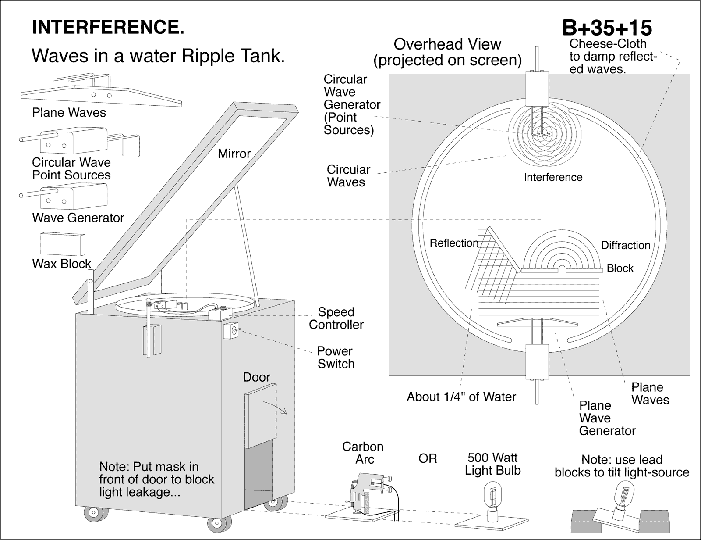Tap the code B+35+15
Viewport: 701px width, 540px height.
(607, 28)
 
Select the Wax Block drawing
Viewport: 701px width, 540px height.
(61, 243)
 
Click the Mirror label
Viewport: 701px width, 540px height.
(234, 154)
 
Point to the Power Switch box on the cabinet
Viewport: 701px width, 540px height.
(231, 331)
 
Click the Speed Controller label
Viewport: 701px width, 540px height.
(336, 318)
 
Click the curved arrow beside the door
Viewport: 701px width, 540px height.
(276, 408)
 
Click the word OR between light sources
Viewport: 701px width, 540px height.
(428, 459)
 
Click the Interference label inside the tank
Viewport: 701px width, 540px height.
(553, 177)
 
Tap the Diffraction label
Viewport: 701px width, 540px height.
(625, 245)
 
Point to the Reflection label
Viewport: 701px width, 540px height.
(454, 243)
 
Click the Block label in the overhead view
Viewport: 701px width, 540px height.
(620, 268)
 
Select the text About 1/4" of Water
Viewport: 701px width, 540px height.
(461, 397)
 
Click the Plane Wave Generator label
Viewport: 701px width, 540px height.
(607, 418)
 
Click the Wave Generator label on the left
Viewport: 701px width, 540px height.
(78, 218)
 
